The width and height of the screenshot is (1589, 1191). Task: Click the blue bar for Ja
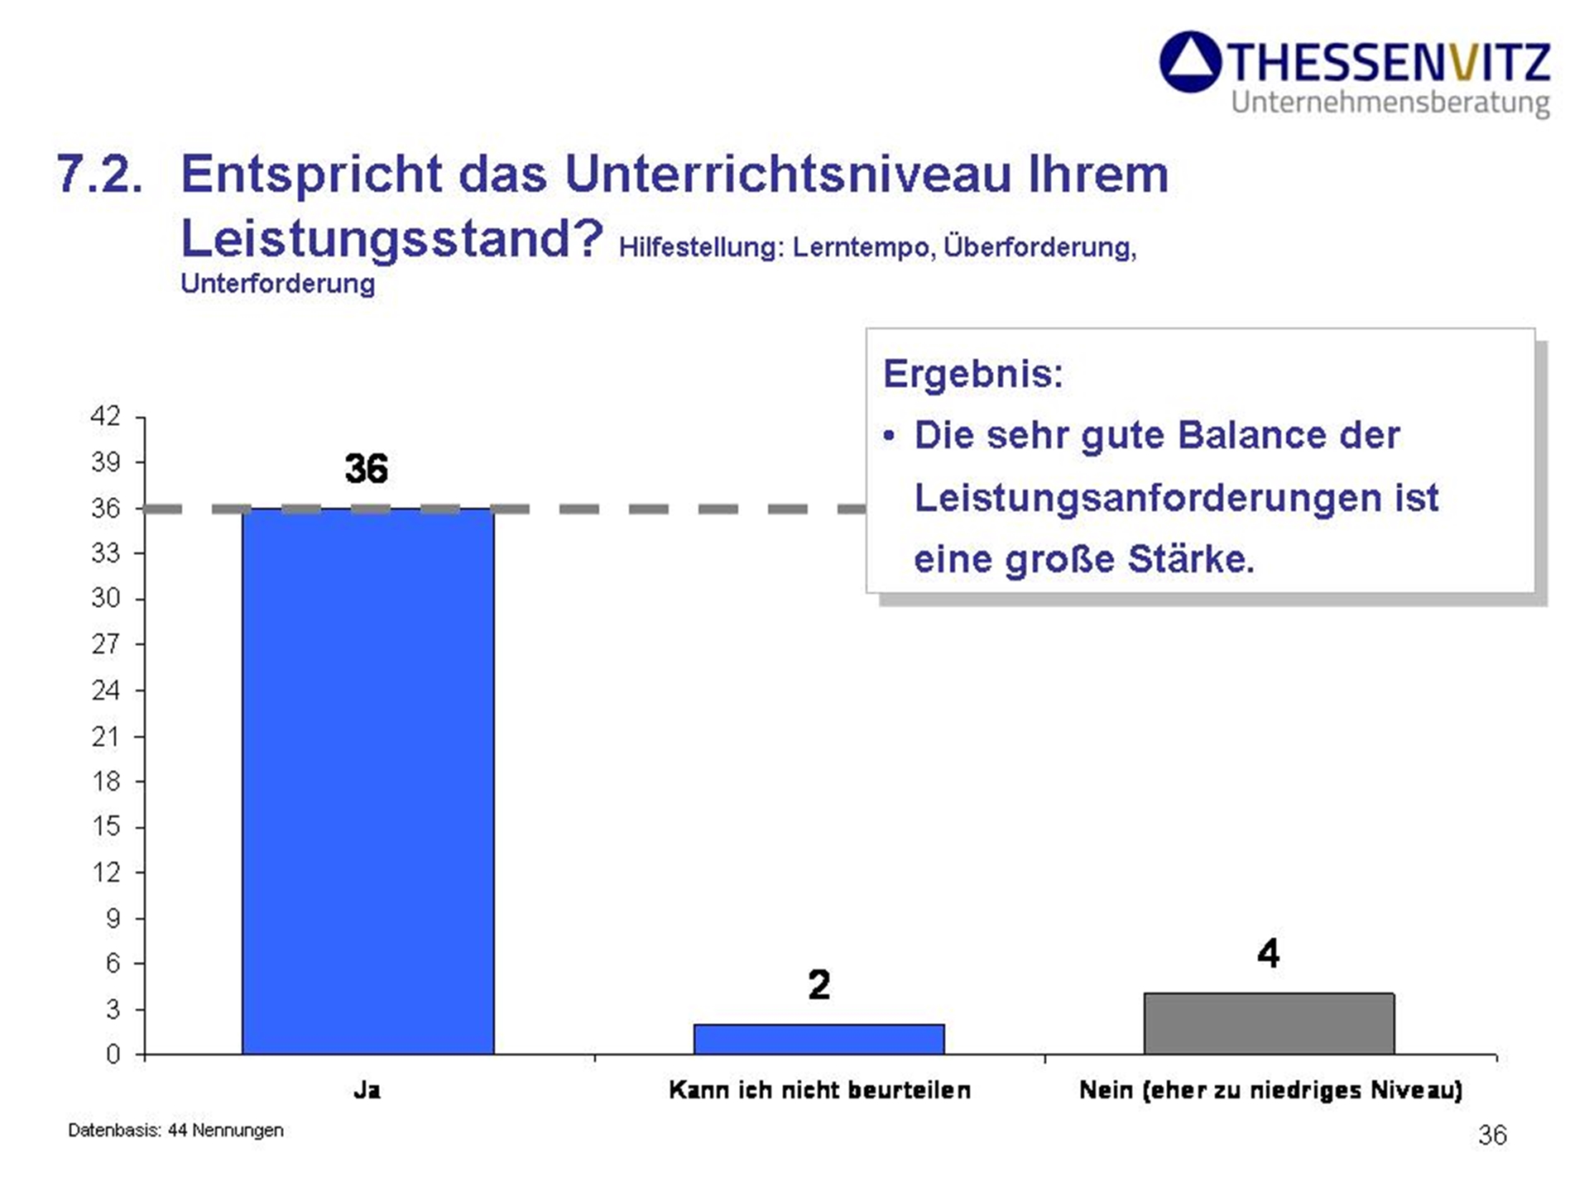tap(367, 781)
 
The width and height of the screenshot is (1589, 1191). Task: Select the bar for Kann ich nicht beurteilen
tap(819, 1039)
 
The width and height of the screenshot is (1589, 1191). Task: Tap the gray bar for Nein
tap(1269, 1024)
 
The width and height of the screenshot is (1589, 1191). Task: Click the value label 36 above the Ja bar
tap(366, 469)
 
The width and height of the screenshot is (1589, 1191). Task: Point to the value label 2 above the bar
tap(819, 984)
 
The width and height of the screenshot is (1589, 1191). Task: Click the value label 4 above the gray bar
tap(1268, 953)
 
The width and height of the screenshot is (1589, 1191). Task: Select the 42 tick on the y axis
tap(105, 416)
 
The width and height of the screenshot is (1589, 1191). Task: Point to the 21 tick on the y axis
tap(106, 736)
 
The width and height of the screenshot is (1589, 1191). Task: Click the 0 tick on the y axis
tap(113, 1055)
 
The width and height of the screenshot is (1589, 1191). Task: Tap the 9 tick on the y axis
tap(113, 918)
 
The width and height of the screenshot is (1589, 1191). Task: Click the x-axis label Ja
tap(367, 1090)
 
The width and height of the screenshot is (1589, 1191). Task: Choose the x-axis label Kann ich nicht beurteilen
tap(819, 1090)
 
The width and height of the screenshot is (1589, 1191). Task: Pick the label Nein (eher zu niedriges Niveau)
tap(1270, 1090)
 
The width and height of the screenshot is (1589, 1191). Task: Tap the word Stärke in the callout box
tap(1191, 558)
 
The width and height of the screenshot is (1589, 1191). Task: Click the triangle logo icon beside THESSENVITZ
tap(1190, 62)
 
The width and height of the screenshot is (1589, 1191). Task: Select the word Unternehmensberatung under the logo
tap(1390, 103)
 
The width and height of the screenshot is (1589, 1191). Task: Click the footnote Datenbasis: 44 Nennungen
tap(175, 1130)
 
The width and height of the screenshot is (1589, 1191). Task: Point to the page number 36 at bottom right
tap(1492, 1135)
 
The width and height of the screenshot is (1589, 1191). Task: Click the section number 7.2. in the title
tap(99, 174)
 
